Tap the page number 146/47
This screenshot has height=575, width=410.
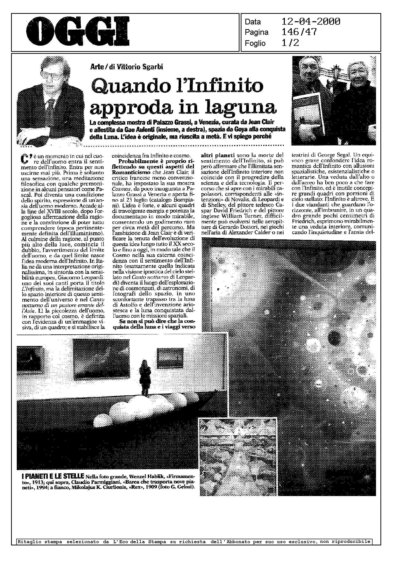(299, 32)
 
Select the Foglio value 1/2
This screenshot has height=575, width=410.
(290, 43)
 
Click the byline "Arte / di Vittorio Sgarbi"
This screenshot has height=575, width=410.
(126, 67)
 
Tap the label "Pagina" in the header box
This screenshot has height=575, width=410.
(256, 32)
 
